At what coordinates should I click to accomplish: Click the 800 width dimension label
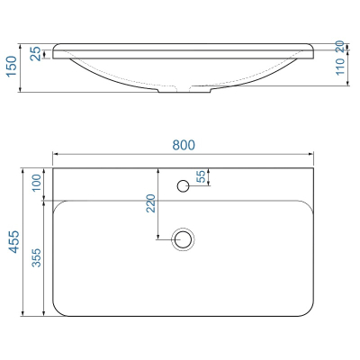(184, 145)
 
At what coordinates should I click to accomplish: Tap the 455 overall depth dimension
(13, 242)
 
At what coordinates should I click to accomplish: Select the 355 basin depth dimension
(37, 257)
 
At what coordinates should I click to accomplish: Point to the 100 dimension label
(36, 183)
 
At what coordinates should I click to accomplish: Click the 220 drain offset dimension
(151, 203)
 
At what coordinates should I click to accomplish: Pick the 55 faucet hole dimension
(202, 176)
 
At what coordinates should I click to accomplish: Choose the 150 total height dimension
(13, 67)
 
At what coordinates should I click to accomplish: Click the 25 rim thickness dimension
(36, 54)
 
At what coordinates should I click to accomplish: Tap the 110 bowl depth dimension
(340, 67)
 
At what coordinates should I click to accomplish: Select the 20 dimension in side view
(340, 47)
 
